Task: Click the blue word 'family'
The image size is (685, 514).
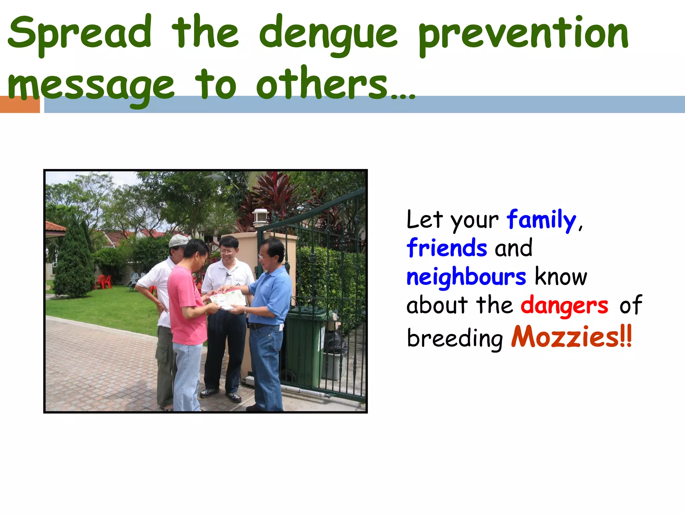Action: (x=541, y=220)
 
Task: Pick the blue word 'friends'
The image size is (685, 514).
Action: (x=447, y=248)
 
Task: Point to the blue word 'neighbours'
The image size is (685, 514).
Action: (x=466, y=277)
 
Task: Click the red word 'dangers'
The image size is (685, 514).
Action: (x=564, y=306)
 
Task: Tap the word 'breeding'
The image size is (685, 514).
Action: (x=455, y=338)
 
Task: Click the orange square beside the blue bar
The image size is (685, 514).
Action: (x=20, y=104)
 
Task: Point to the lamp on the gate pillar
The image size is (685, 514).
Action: (x=261, y=218)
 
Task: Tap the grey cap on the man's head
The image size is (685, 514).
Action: (x=178, y=240)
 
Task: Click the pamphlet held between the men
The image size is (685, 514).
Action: (x=227, y=299)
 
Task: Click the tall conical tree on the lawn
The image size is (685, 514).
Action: (x=74, y=261)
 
